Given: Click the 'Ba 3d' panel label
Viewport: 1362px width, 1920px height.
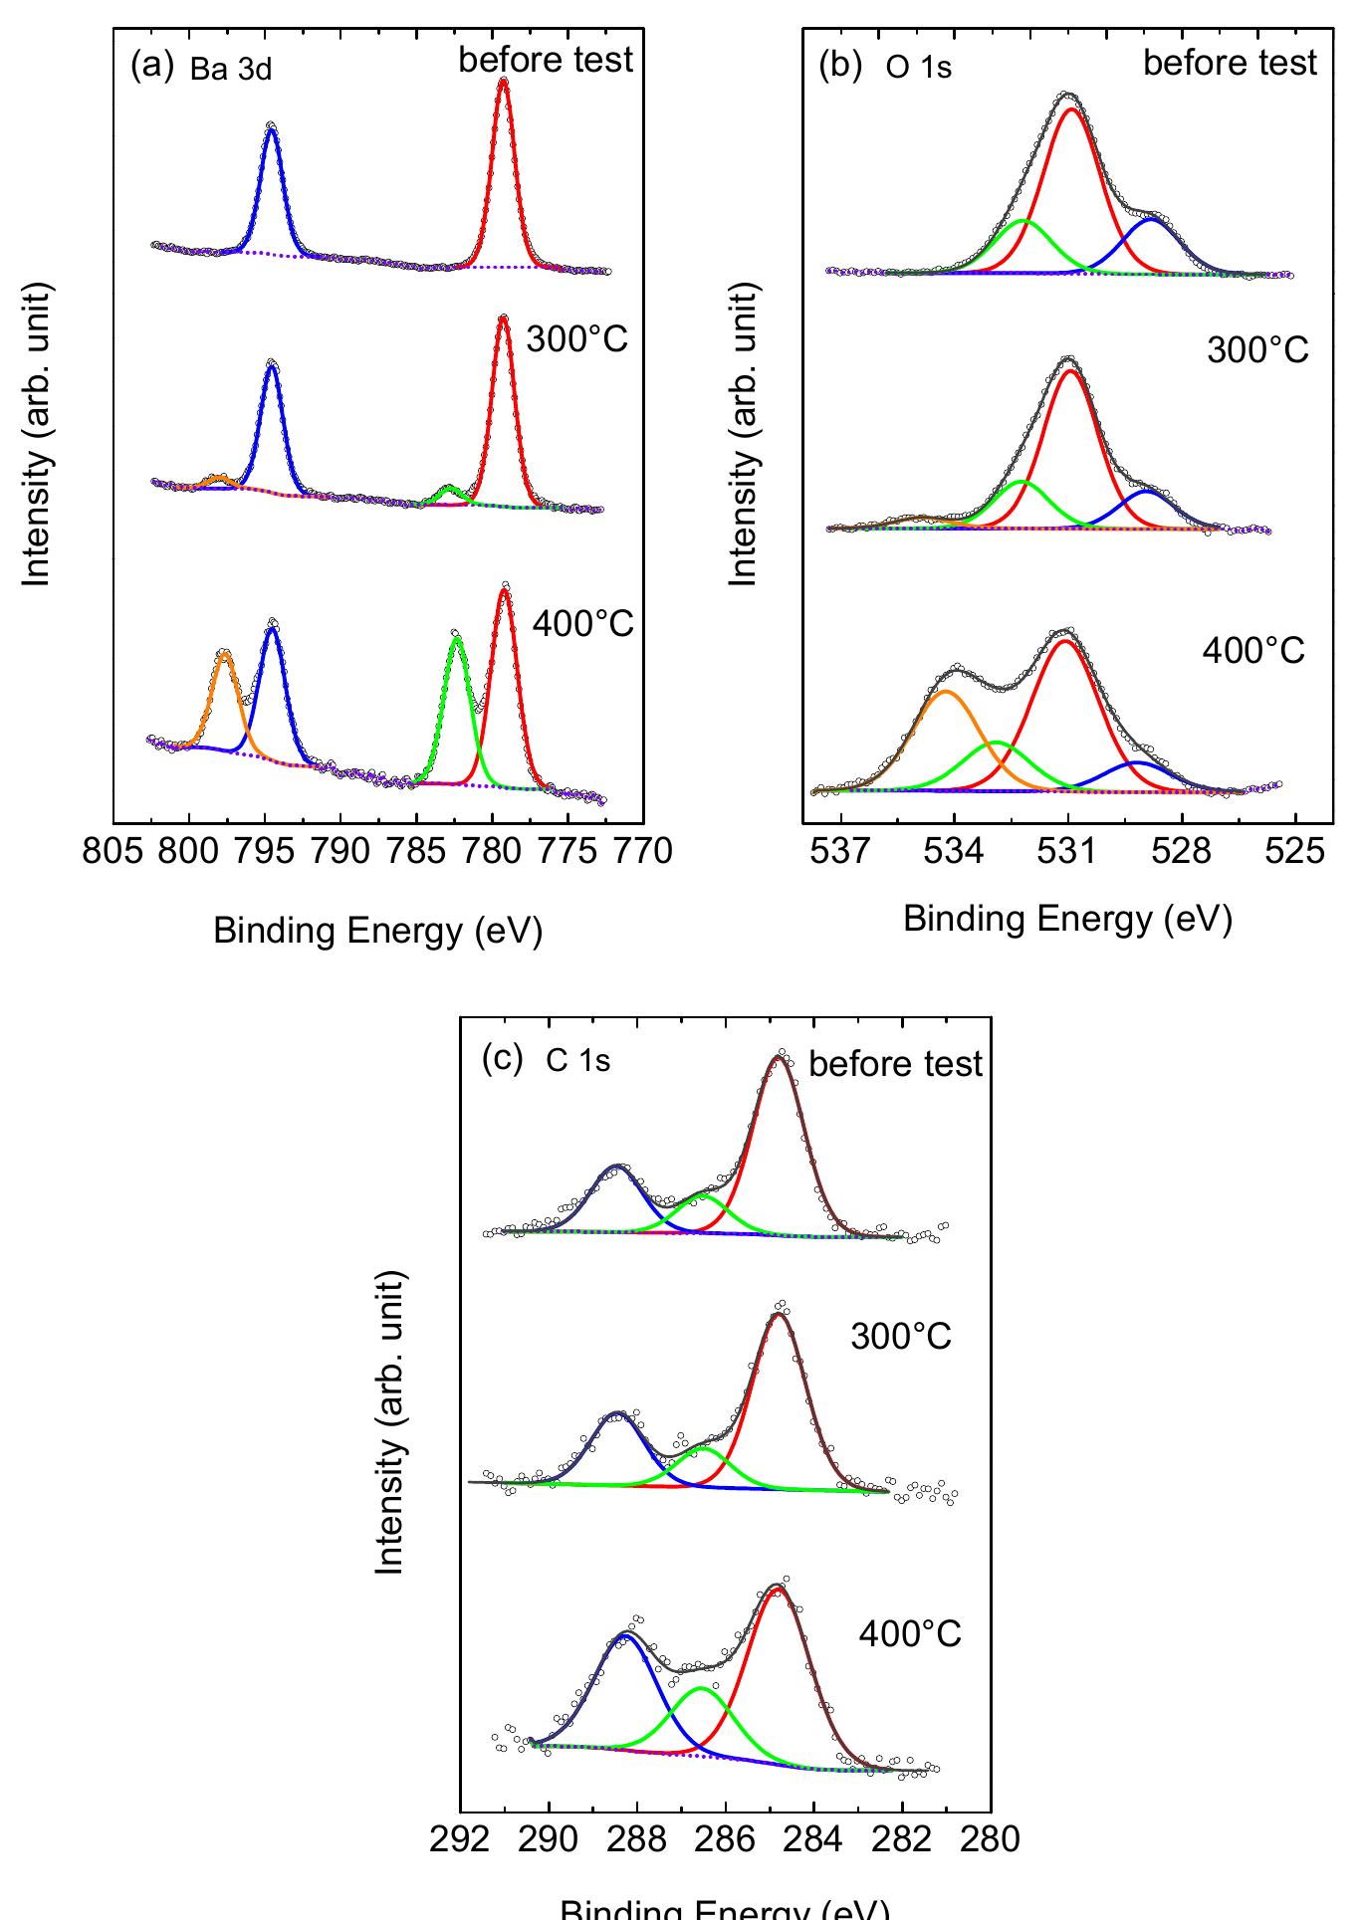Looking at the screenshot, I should [230, 70].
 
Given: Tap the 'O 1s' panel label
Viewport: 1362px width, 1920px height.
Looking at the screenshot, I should [918, 68].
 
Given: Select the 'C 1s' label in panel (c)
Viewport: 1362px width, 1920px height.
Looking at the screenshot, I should [577, 1061].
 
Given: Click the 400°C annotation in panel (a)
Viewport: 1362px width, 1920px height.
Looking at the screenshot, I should [582, 625].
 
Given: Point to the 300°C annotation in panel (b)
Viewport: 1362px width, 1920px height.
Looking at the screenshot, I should [1256, 350].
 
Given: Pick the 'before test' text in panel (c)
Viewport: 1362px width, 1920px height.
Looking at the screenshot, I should [895, 1064].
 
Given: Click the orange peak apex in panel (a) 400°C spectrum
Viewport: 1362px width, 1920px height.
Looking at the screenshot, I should [225, 653].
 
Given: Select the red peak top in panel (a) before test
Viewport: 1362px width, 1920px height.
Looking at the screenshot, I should [503, 82].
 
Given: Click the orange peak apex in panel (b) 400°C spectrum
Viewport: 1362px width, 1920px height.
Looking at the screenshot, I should [945, 691].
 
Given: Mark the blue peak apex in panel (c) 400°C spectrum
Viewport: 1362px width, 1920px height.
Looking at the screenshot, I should [625, 1635].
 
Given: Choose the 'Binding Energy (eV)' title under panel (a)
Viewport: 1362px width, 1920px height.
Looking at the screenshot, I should [377, 931].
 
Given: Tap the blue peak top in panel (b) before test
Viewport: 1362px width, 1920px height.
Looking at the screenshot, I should [1151, 220].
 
